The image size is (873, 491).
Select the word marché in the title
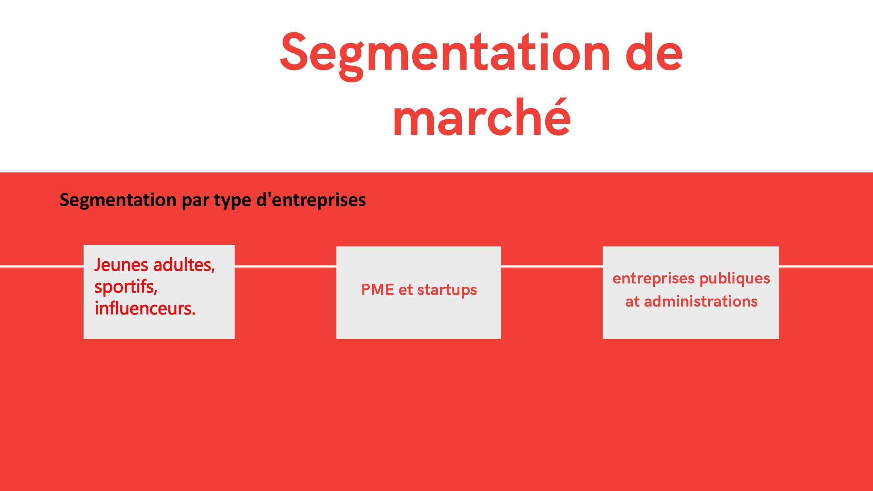tap(482, 117)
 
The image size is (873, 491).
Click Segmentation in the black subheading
tap(118, 200)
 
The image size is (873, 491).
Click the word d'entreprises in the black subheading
tap(311, 200)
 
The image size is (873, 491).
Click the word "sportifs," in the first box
tap(126, 287)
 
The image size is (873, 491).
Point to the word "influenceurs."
tap(145, 308)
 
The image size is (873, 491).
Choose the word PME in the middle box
tap(378, 290)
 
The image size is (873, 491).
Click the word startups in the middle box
tap(447, 290)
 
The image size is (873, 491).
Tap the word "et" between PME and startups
tap(405, 290)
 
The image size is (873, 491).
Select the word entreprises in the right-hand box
tap(654, 279)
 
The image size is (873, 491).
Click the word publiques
tap(735, 279)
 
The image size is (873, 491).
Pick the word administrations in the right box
tap(701, 301)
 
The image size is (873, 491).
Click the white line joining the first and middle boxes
tap(285, 266)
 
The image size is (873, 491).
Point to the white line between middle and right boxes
tap(552, 266)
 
